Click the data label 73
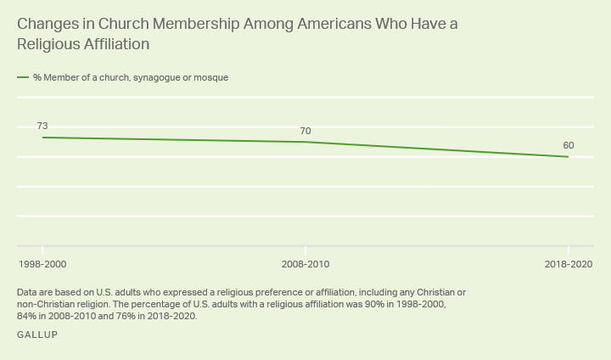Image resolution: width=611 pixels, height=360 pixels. coord(42,126)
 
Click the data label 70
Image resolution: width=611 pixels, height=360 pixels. coord(305,131)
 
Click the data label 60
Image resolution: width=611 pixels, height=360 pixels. coord(569,145)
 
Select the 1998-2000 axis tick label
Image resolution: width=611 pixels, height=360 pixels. coord(42,265)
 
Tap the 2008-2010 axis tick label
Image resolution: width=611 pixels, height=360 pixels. coord(305,265)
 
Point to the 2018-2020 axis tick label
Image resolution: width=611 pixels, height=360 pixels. coord(568,265)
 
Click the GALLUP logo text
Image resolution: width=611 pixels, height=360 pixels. coord(36,335)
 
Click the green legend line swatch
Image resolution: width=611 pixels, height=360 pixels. coord(23,77)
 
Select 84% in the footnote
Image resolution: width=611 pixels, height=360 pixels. coord(26,316)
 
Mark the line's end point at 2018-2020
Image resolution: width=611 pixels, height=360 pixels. coord(568,157)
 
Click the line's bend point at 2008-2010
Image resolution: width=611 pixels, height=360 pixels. coord(305,142)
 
